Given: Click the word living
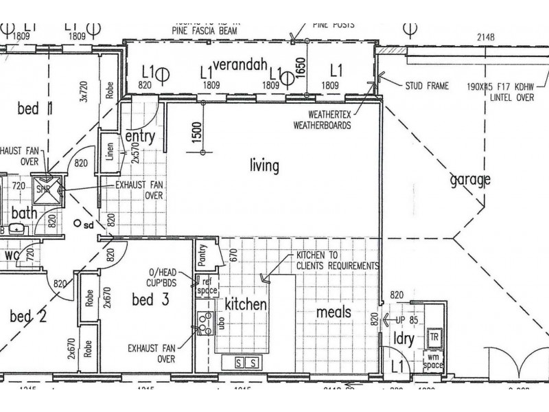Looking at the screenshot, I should click(265, 165).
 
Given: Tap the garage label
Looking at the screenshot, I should click(471, 181).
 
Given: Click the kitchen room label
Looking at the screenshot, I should click(246, 304).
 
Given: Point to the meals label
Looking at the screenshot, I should click(334, 312).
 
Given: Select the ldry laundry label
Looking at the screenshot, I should click(403, 340).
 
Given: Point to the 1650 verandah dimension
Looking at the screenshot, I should click(300, 69).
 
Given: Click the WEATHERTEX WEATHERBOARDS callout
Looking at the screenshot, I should click(322, 121).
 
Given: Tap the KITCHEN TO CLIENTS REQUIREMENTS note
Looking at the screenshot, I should click(337, 260).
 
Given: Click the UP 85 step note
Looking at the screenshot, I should click(404, 320).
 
